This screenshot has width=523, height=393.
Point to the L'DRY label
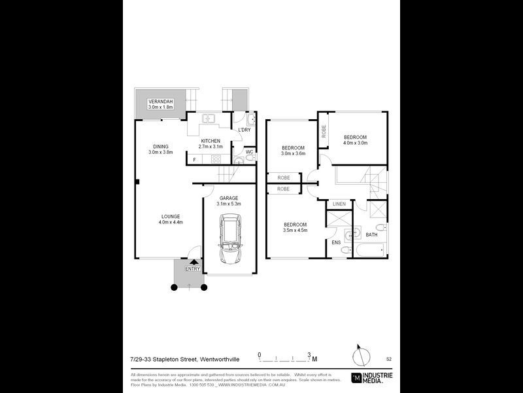coord(245,130)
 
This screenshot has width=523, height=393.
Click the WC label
coord(249,152)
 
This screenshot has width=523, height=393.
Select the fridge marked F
coord(195,159)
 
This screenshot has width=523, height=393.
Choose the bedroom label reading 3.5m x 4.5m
coord(294,227)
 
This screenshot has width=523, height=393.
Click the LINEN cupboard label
coord(339,204)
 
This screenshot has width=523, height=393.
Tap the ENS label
coord(336,242)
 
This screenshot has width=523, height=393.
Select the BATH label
coord(371,234)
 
